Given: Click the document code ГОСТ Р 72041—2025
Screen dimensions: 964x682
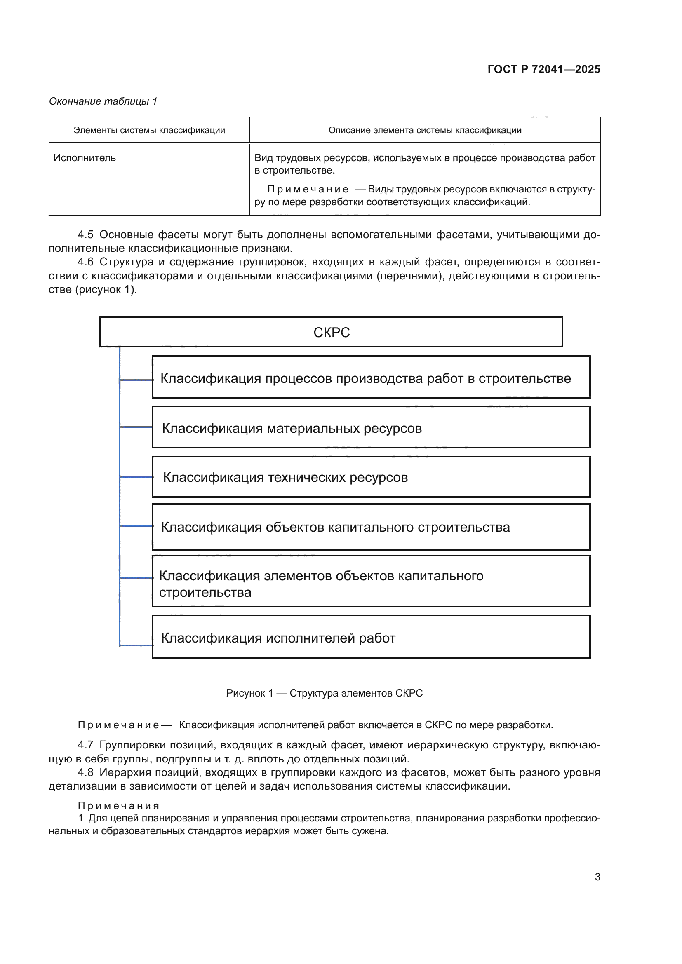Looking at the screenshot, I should tap(543, 69).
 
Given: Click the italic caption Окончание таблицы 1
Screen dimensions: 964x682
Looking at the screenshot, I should tap(103, 101).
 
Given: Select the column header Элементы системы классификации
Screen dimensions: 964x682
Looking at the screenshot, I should tap(149, 130).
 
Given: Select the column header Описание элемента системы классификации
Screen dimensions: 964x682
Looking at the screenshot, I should tap(425, 130).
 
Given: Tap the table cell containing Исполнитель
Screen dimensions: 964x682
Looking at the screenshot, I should tap(85, 158).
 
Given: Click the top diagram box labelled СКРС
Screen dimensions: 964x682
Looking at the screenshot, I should tap(331, 332).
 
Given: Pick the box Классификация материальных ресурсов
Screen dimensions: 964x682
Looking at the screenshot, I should tap(371, 427).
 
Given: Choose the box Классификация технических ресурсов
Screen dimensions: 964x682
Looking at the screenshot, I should tap(371, 477).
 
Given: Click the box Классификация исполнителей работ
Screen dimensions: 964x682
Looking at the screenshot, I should tap(371, 637).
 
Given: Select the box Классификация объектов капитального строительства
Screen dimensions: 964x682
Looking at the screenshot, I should tap(371, 527).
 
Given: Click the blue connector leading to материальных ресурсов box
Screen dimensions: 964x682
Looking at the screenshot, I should tap(136, 427).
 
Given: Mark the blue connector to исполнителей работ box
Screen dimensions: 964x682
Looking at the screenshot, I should tap(136, 645).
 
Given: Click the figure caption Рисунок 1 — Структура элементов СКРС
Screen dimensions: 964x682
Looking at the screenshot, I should tap(324, 693).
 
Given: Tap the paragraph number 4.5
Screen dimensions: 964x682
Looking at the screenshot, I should tap(85, 235).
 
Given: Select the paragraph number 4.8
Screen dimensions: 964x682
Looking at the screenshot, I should tap(85, 772).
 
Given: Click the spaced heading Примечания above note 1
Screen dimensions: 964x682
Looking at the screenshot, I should tap(118, 806).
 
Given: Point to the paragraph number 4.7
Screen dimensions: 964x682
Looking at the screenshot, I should tap(85, 745).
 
